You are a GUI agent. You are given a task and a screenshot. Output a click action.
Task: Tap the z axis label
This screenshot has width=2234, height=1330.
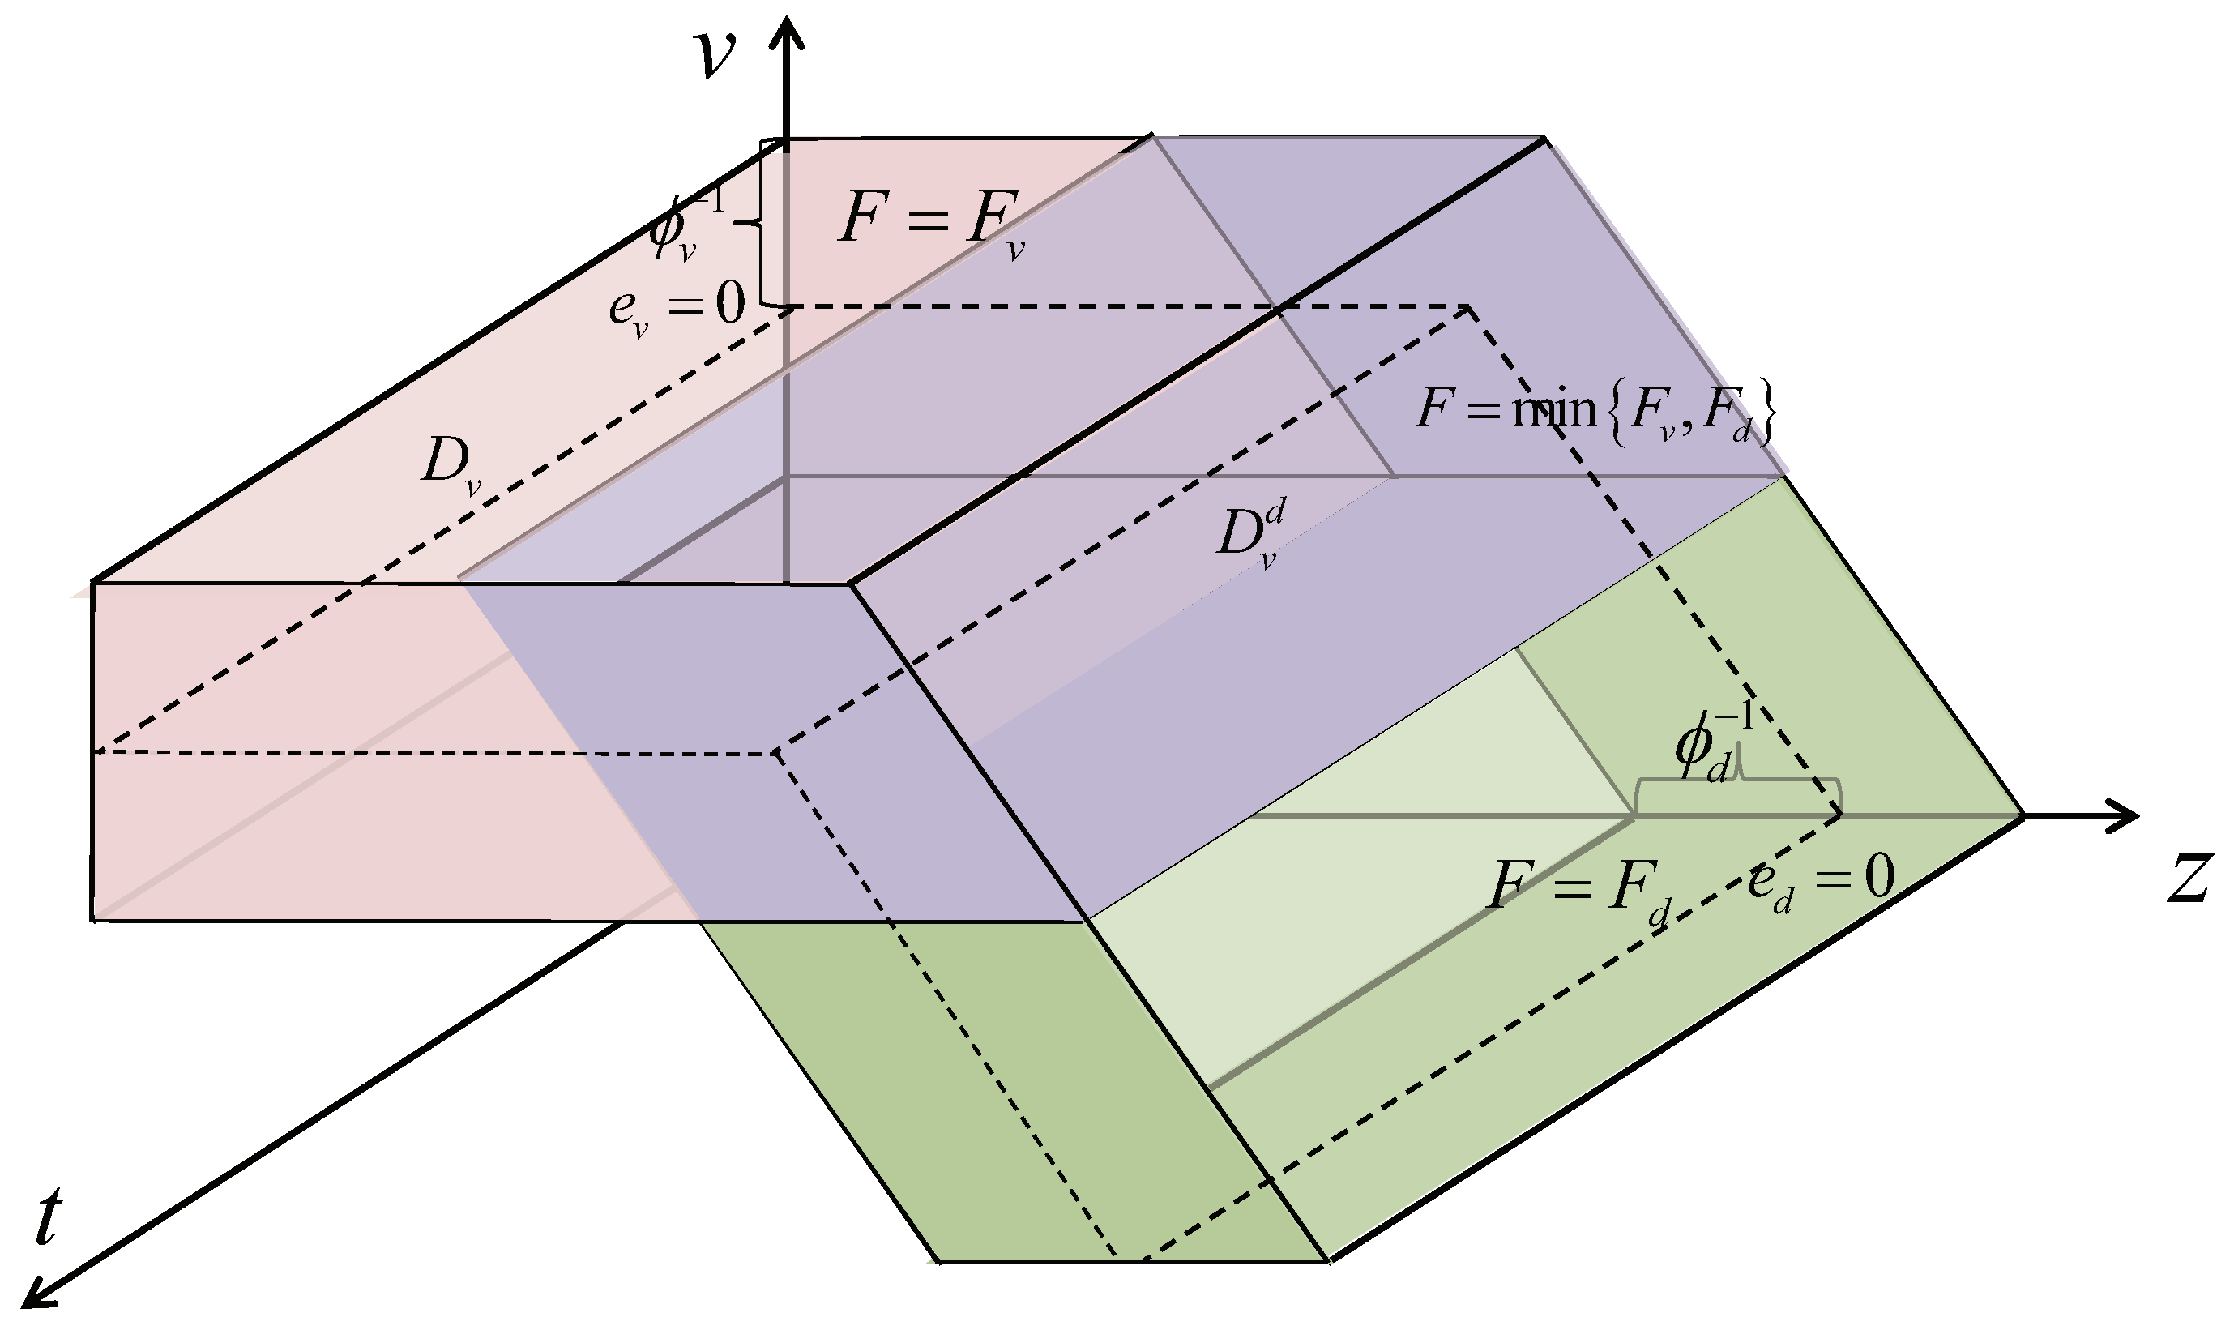point(2189,878)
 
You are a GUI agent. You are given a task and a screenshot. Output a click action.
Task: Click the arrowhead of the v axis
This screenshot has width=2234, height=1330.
point(788,32)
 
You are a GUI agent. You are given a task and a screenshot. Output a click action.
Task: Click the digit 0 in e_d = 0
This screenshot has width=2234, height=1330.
point(1879,875)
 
